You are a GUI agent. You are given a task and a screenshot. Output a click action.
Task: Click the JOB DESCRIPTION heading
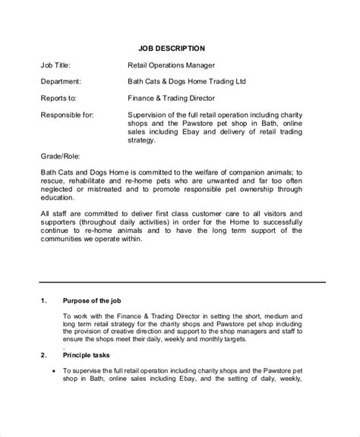pyautogui.click(x=179, y=48)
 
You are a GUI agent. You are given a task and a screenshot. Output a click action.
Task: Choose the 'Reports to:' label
pyautogui.click(x=58, y=98)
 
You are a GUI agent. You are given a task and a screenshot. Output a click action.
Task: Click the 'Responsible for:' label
pyautogui.click(x=66, y=115)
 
